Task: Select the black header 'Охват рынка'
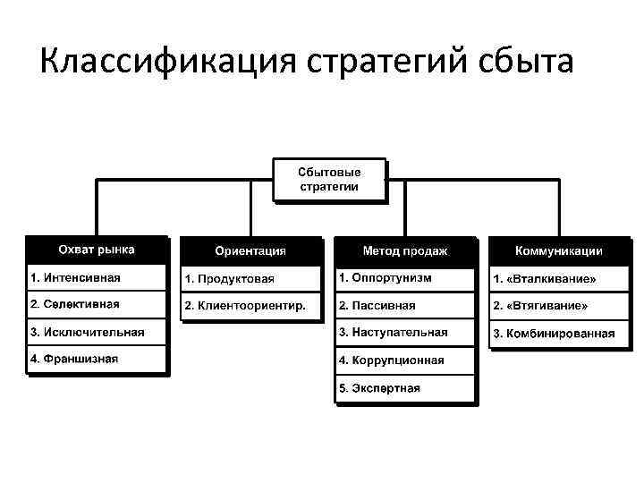pos(97,250)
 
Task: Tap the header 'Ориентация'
pos(250,251)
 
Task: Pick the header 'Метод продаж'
pos(405,251)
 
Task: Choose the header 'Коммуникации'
pos(559,251)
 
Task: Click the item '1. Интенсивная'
pos(97,277)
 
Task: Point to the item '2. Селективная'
pos(97,304)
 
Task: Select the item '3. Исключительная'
pos(97,332)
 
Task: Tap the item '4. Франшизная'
pos(97,360)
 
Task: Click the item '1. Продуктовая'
pos(250,279)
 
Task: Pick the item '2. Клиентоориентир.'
pos(250,306)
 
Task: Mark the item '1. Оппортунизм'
pos(405,277)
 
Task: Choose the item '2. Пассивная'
pos(405,305)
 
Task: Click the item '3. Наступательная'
pos(405,333)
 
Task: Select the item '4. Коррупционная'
pos(405,360)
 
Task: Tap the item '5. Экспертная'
pos(405,388)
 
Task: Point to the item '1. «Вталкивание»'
pos(559,279)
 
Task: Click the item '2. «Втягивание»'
pos(559,306)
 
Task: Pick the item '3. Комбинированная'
pos(559,334)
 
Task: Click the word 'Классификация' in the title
pos(169,62)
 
